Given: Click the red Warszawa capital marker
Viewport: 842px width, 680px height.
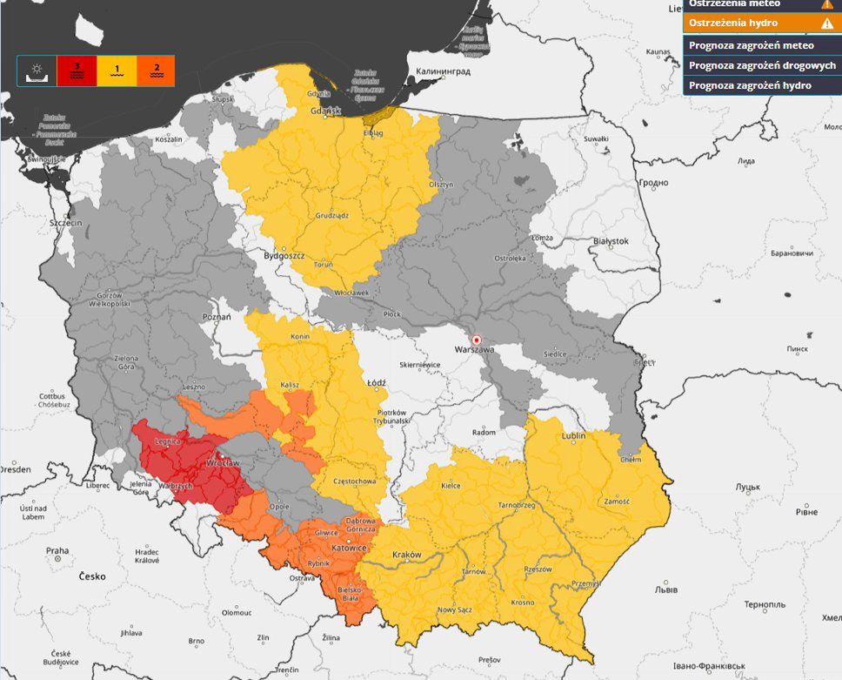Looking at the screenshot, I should (476, 340).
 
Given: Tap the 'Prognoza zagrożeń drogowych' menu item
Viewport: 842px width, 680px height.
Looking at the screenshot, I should (761, 65).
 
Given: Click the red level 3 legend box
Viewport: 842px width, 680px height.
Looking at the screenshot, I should (77, 71).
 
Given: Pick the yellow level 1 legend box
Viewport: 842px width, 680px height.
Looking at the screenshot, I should (116, 71).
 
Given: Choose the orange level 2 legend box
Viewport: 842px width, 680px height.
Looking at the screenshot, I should (156, 71).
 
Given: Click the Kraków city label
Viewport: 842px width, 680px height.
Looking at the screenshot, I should (406, 555).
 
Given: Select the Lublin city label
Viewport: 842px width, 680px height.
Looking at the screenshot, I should (573, 435).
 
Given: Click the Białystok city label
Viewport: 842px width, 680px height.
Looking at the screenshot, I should (610, 239).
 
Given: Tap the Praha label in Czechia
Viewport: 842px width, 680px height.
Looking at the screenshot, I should (57, 550).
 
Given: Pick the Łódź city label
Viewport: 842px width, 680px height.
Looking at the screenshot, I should (376, 381).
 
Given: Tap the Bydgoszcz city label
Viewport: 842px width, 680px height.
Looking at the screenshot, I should (284, 257).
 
